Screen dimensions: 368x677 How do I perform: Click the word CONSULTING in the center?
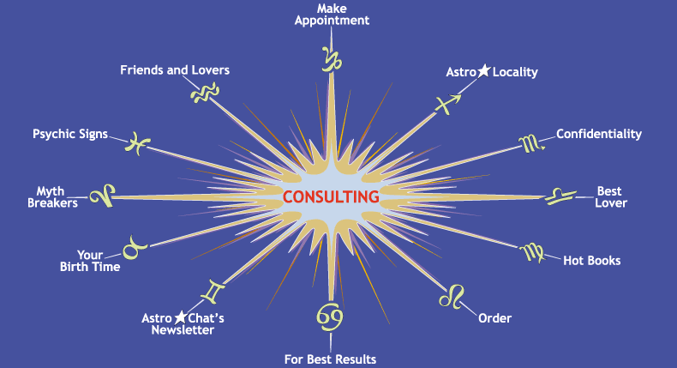(x=331, y=196)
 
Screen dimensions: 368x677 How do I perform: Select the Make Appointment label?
(x=331, y=15)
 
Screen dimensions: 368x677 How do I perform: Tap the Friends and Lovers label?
(x=175, y=69)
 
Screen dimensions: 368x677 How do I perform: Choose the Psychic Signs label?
(x=70, y=135)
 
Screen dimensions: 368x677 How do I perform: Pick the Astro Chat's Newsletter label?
(x=183, y=323)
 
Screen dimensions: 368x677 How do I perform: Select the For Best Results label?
(x=330, y=359)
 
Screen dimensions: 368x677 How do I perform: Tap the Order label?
(x=494, y=318)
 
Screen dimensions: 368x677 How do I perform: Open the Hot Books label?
(x=591, y=260)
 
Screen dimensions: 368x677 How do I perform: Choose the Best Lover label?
(x=611, y=196)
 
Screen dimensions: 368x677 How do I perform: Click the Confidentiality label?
(x=598, y=134)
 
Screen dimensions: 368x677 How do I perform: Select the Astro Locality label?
(x=492, y=72)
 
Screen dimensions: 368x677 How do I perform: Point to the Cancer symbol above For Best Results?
(x=330, y=318)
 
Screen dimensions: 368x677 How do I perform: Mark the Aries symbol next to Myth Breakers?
(x=103, y=196)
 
